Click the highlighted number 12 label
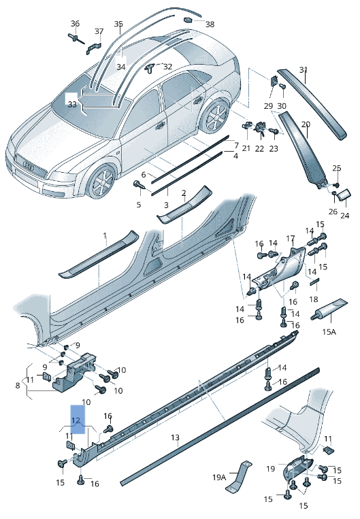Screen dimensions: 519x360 click(76, 420)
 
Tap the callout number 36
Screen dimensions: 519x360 click(75, 24)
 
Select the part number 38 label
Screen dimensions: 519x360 click(209, 24)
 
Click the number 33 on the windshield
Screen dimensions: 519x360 click(72, 104)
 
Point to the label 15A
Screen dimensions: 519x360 click(329, 331)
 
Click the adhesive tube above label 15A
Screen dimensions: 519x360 click(330, 309)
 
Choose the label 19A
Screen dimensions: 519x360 click(218, 478)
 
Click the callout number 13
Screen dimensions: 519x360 click(175, 437)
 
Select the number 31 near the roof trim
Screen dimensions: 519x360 click(304, 70)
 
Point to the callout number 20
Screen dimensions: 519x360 click(306, 124)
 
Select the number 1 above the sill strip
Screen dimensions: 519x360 click(105, 235)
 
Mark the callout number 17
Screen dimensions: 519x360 click(291, 238)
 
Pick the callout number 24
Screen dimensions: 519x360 click(344, 216)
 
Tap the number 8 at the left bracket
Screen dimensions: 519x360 click(18, 386)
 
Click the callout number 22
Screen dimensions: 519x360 click(259, 148)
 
